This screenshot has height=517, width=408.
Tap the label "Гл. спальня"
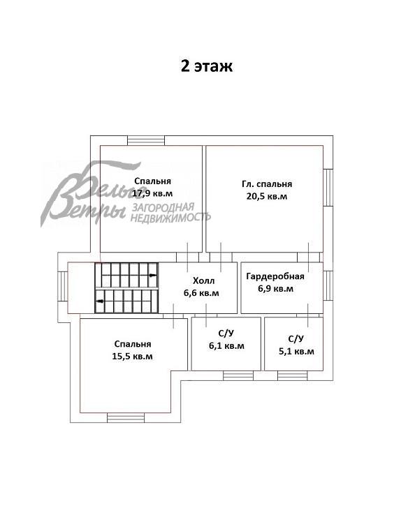267,184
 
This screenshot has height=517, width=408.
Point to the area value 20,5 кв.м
267,197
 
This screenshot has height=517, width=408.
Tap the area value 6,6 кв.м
201,293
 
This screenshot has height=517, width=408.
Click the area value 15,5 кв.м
133,356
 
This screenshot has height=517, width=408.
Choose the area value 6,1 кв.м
226,345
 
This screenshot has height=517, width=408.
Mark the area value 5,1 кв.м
296,351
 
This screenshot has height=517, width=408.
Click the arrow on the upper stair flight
152,276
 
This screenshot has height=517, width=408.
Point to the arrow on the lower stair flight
101,301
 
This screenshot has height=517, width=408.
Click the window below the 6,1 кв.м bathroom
238,375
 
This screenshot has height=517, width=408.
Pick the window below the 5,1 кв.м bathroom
293,375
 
